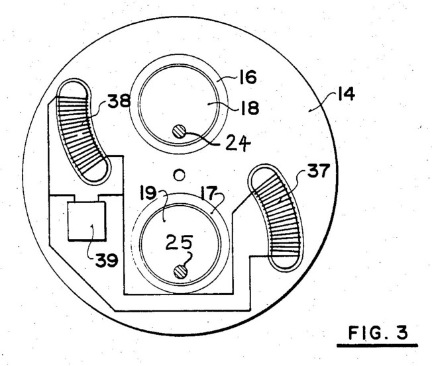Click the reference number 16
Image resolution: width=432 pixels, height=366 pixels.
tap(248, 77)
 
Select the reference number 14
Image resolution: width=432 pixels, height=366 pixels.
tap(346, 95)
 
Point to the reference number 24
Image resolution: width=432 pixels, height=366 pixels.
tap(238, 144)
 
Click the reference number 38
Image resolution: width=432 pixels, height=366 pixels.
tap(119, 101)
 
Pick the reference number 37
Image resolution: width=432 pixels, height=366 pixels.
tap(319, 171)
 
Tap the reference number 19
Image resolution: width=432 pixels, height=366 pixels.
tap(148, 193)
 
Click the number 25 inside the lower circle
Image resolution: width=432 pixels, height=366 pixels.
tap(179, 242)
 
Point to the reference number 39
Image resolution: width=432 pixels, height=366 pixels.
tap(107, 260)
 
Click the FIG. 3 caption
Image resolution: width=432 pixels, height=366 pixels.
tap(378, 332)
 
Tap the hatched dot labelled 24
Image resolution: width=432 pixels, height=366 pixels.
tap(180, 132)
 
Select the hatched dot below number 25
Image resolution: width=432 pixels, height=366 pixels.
tap(181, 272)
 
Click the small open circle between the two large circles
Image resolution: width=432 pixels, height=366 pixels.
tap(179, 175)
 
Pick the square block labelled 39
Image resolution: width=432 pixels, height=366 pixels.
tap(87, 221)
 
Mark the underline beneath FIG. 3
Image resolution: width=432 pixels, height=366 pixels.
tap(377, 345)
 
